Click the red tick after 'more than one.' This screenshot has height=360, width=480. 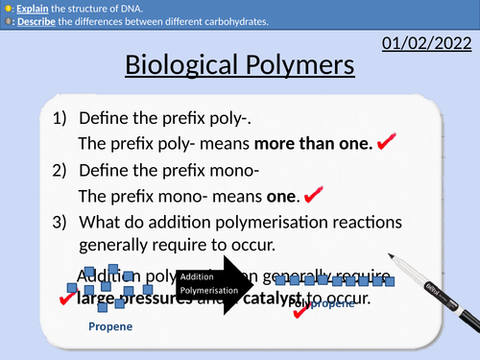(x=387, y=143)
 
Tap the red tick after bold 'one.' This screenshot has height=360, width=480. (x=313, y=195)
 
